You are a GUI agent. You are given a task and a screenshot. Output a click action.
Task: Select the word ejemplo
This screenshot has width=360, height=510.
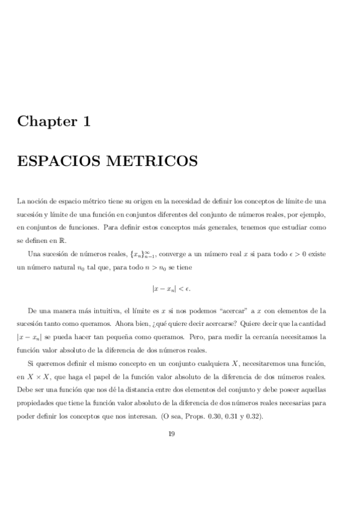(x=313, y=215)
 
